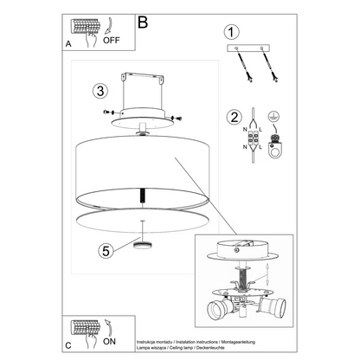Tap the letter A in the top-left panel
pos(68,42)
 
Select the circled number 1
pos(231,32)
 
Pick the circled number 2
pos(231,117)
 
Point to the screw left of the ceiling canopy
pos(106,111)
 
